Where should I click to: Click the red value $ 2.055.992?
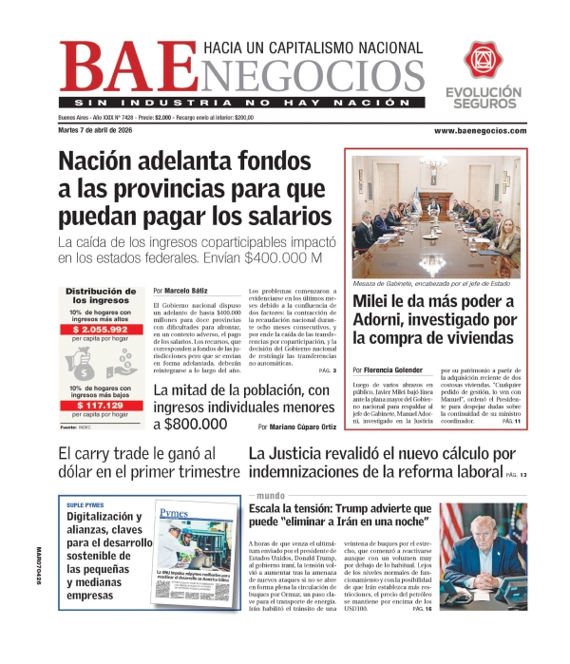point(103,328)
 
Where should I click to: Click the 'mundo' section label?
point(271,496)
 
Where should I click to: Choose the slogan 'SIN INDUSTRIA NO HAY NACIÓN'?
point(237,102)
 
